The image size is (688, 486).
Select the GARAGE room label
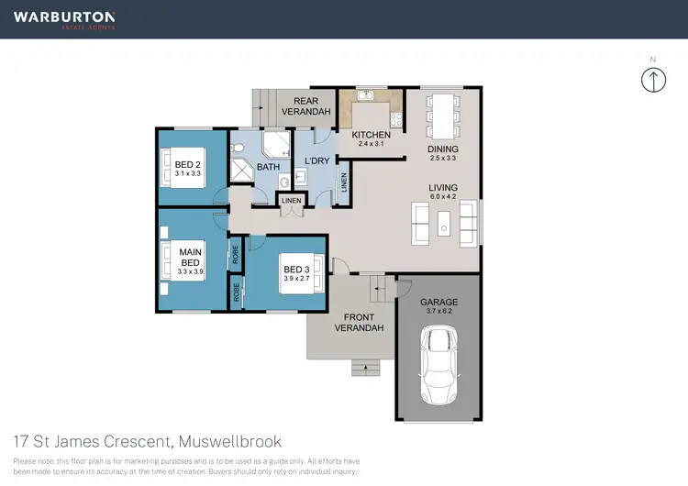pyautogui.click(x=438, y=302)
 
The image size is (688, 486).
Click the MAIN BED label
pyautogui.click(x=191, y=258)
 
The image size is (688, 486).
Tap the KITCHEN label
pyautogui.click(x=372, y=136)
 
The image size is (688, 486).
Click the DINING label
pyautogui.click(x=442, y=149)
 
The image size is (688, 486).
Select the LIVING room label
pyautogui.click(x=443, y=187)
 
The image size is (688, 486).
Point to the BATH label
pyautogui.click(x=268, y=168)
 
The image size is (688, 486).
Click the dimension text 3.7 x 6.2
pyautogui.click(x=438, y=312)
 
